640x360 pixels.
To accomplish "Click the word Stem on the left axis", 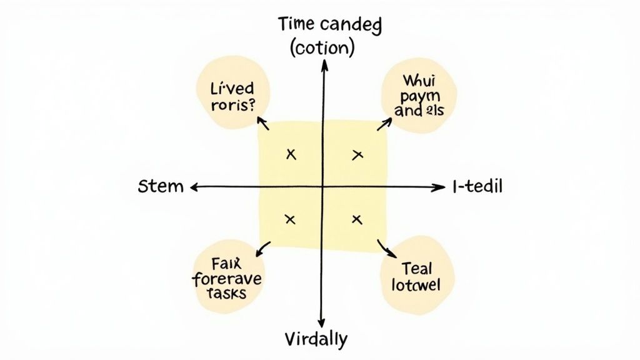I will click(x=161, y=186).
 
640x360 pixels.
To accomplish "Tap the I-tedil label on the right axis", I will click(x=477, y=186).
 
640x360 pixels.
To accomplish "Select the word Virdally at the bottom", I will click(x=316, y=339).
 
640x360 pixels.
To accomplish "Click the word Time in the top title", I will click(x=299, y=26).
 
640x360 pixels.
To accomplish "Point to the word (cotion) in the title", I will click(x=322, y=47).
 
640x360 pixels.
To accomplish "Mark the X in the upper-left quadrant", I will click(x=290, y=154).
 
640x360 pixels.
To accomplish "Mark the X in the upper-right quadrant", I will click(x=357, y=154).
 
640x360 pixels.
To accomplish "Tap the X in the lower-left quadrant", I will click(x=289, y=219).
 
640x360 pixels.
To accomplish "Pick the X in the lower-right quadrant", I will click(x=357, y=219).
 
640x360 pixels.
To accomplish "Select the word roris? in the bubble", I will click(x=232, y=105).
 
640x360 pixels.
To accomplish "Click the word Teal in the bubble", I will click(x=417, y=269).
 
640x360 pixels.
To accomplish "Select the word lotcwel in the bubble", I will click(x=416, y=286).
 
